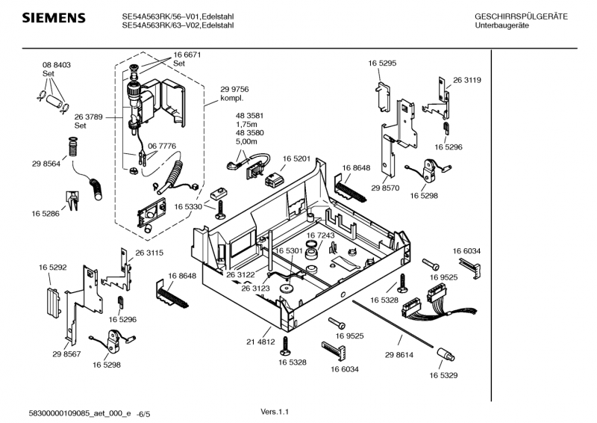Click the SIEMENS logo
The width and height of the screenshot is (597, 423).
pyautogui.click(x=49, y=18)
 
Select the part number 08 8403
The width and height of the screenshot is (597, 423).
pyautogui.click(x=56, y=66)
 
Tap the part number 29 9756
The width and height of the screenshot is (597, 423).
pyautogui.click(x=234, y=89)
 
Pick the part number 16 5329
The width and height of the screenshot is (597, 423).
pyautogui.click(x=443, y=375)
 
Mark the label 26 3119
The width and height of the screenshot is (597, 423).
pyautogui.click(x=466, y=80)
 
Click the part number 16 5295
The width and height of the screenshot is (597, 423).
pyautogui.click(x=381, y=64)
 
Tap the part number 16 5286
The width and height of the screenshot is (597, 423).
pyautogui.click(x=46, y=214)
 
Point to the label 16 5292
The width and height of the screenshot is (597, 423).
pyautogui.click(x=53, y=266)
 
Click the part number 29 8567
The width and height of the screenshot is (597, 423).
pyautogui.click(x=66, y=354)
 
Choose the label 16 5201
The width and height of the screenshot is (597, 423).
pyautogui.click(x=296, y=159)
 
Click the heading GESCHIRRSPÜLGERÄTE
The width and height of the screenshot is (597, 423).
pyautogui.click(x=521, y=16)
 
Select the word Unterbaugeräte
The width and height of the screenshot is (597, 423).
pyautogui.click(x=501, y=25)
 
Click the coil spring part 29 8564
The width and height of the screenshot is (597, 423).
pyautogui.click(x=73, y=146)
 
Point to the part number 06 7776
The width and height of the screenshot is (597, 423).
pyautogui.click(x=162, y=146)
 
